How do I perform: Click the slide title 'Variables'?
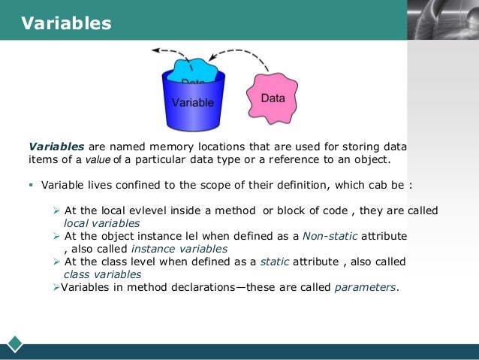[66, 23]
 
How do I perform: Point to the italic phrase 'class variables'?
[98, 274]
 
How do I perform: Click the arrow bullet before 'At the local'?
[57, 210]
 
